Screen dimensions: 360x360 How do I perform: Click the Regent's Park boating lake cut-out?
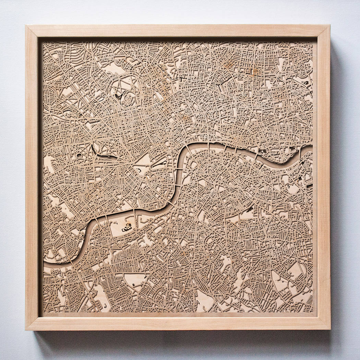click(118, 97)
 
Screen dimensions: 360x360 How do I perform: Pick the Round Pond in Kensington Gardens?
click(80, 155)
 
